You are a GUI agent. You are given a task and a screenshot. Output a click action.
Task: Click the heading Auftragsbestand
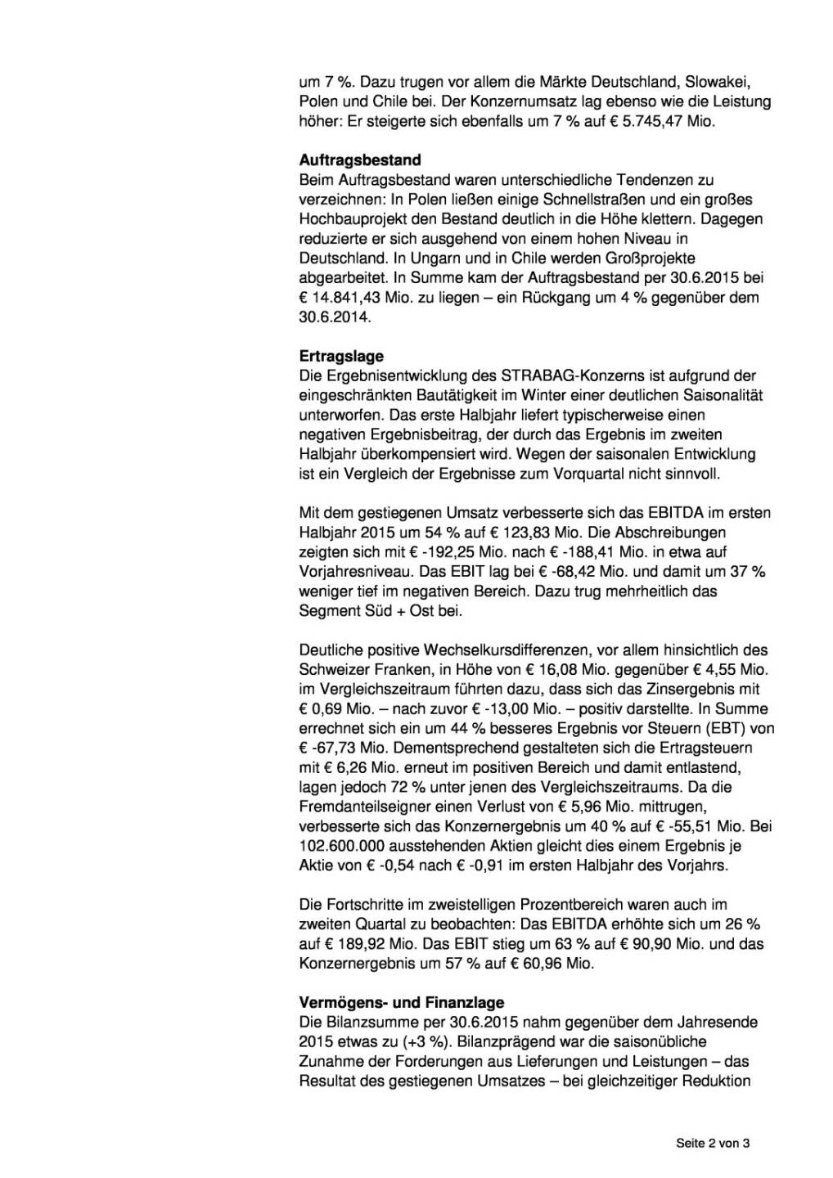360,160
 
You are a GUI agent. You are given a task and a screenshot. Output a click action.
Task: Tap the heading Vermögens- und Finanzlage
401,1002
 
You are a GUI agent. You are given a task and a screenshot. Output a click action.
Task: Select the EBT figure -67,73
332,748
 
